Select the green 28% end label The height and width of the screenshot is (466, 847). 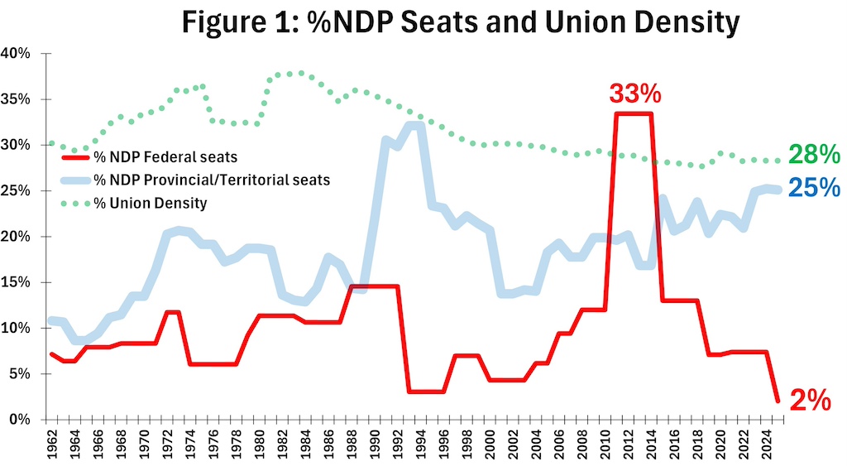click(x=815, y=155)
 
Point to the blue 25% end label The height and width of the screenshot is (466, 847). click(x=815, y=188)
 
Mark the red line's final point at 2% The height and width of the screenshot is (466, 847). click(x=778, y=401)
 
